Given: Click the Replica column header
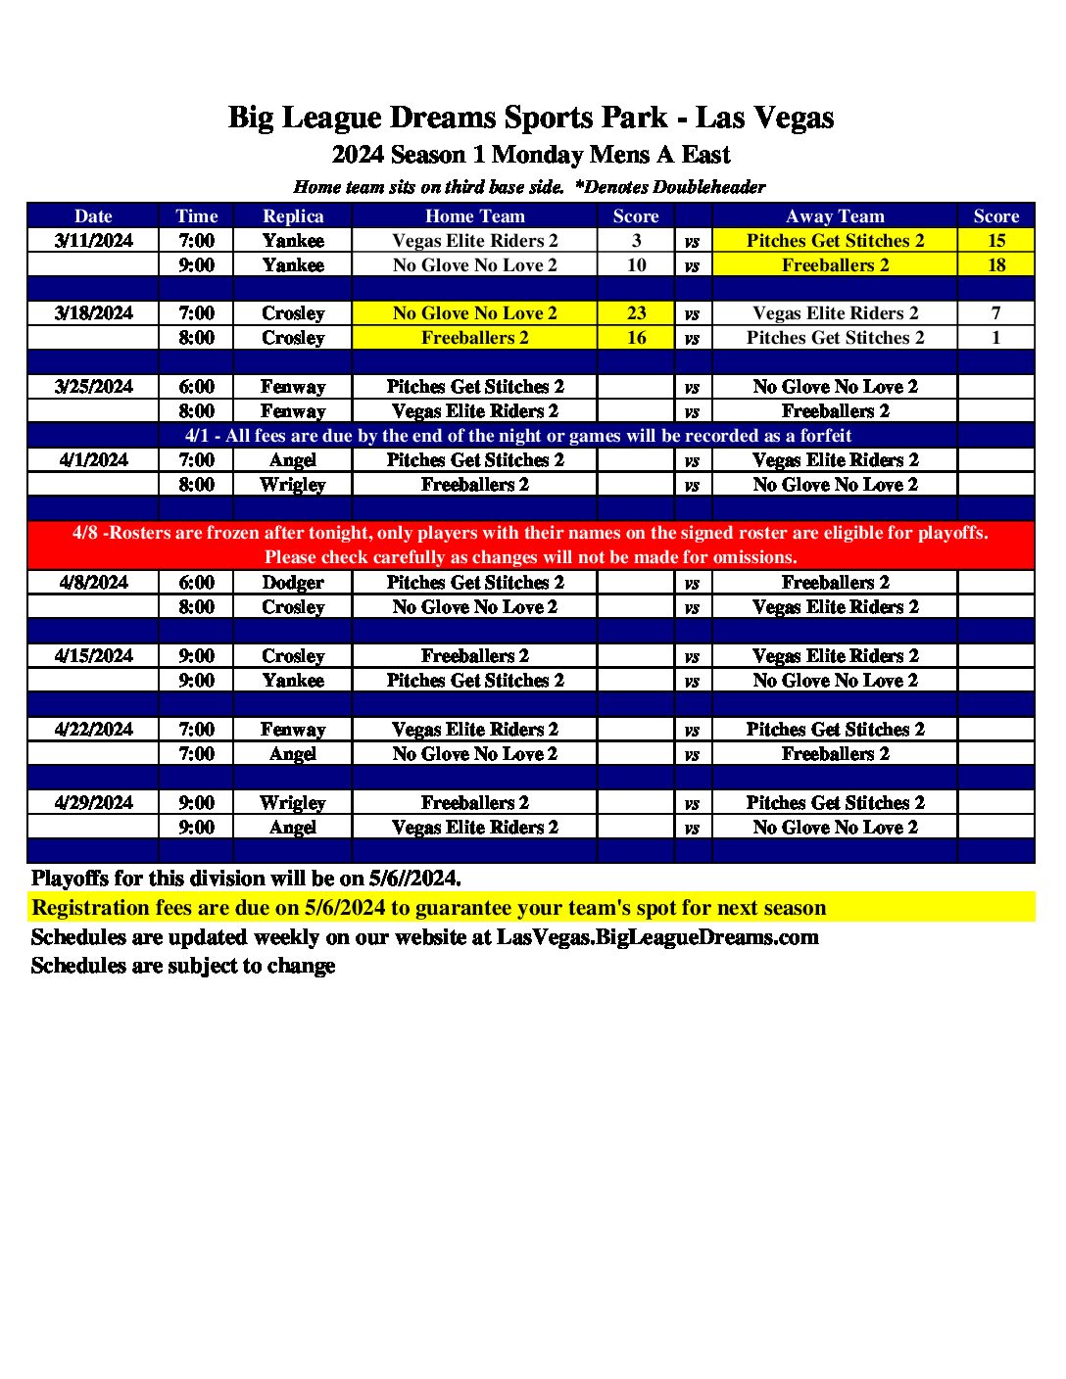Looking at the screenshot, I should [x=293, y=216].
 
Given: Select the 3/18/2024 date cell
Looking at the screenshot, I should [x=94, y=313].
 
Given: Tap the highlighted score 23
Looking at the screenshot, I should [x=636, y=313].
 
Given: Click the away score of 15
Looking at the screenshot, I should [x=995, y=241].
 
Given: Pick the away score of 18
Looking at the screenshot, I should [x=995, y=265].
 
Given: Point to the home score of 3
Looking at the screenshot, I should [x=636, y=241].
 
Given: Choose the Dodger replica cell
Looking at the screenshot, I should [x=293, y=583].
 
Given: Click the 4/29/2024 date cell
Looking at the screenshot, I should [x=94, y=803].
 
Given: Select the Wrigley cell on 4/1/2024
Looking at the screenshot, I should [x=293, y=485].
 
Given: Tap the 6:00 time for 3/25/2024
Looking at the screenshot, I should [x=196, y=387].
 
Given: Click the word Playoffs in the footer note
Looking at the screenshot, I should [x=70, y=879].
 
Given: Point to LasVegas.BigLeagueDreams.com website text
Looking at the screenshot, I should [x=657, y=937].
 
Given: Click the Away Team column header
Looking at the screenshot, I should [x=835, y=216].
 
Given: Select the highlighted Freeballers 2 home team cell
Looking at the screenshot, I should [x=475, y=338].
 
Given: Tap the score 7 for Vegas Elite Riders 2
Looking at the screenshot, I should [x=995, y=313].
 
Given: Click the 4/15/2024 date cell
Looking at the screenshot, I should [x=94, y=656].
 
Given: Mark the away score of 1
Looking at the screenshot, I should [x=995, y=338].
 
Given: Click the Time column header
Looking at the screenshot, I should [x=196, y=216].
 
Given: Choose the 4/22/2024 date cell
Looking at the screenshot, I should [x=94, y=730].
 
